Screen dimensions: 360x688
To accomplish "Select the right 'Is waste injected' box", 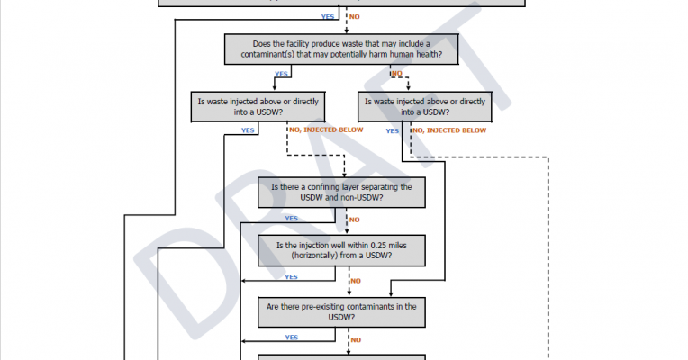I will [x=424, y=107].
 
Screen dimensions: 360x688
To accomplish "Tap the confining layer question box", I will [x=341, y=192].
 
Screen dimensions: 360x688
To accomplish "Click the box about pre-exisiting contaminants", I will [x=341, y=311].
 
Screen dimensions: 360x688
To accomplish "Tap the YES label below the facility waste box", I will [x=281, y=74].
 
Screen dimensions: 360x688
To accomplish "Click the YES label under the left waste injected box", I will [x=247, y=130].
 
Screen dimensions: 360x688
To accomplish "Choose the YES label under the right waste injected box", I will [x=393, y=130].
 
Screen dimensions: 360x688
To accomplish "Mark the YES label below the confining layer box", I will [x=292, y=218].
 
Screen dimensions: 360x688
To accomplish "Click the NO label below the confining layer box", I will [x=355, y=218].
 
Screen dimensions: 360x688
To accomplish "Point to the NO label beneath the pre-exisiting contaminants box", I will [x=355, y=339].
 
